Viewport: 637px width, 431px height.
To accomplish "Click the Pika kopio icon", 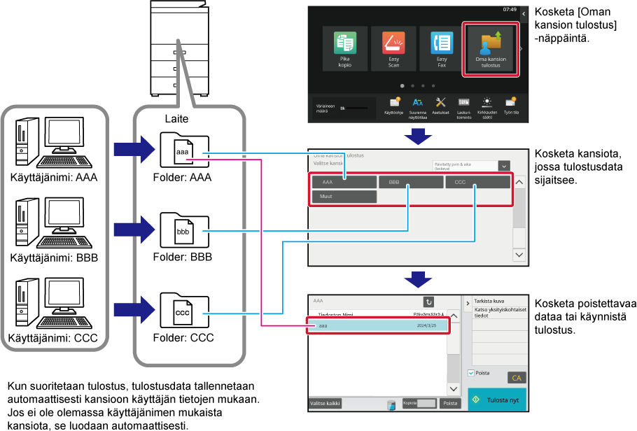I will [x=345, y=49].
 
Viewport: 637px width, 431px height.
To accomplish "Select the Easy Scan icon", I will [x=393, y=49].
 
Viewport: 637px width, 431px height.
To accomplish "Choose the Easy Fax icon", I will [x=442, y=49].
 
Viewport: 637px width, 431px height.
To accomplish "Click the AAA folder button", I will [x=344, y=182].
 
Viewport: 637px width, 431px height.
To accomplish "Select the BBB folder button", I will [x=410, y=182].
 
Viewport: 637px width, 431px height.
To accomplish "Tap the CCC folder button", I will [x=477, y=182].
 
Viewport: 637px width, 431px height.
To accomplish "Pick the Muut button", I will [x=344, y=197].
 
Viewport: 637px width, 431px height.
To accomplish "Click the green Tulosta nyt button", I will [x=496, y=400].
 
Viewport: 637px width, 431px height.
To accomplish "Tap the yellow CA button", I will [x=517, y=378].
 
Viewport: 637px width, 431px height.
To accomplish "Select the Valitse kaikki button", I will [x=325, y=403].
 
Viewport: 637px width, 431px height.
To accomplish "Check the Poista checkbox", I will [x=471, y=374].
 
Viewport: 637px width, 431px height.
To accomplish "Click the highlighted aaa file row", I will [x=377, y=326].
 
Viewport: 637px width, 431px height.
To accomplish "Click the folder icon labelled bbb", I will [x=183, y=230].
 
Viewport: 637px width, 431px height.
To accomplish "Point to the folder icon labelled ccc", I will [x=183, y=310].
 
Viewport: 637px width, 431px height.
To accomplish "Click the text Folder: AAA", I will [x=182, y=178].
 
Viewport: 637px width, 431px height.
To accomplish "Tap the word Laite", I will [x=176, y=119].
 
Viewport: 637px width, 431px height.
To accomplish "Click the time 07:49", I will [x=510, y=10].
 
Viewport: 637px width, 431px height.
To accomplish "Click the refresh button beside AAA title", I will [x=429, y=302].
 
